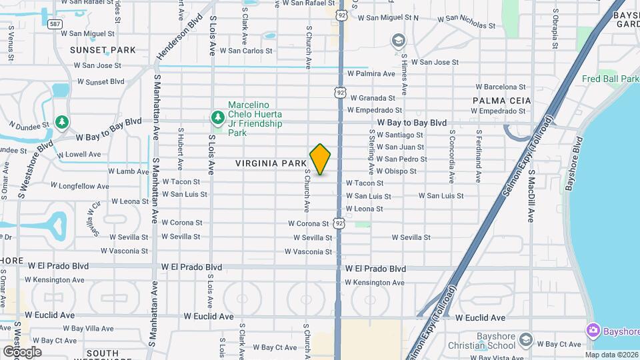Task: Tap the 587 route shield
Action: click(x=55, y=23)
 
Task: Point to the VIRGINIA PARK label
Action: click(x=271, y=163)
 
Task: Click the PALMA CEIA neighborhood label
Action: click(x=501, y=100)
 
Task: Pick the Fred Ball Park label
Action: click(x=609, y=79)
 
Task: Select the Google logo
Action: click(x=21, y=351)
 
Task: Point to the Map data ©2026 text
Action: click(x=611, y=355)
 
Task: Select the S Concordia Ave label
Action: click(x=451, y=157)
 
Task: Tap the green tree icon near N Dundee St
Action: click(x=62, y=122)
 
